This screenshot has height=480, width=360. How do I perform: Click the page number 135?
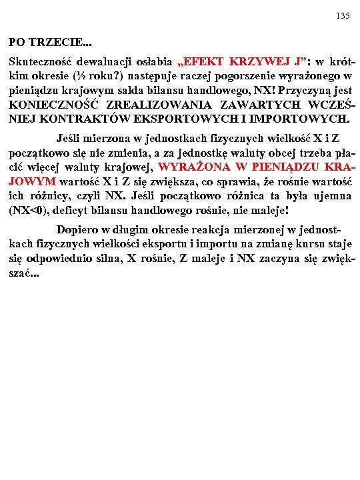(343, 15)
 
